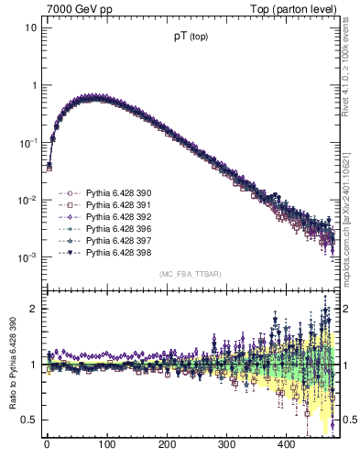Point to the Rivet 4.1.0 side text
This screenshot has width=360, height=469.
(353, 55)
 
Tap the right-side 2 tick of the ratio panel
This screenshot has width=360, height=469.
(348, 309)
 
